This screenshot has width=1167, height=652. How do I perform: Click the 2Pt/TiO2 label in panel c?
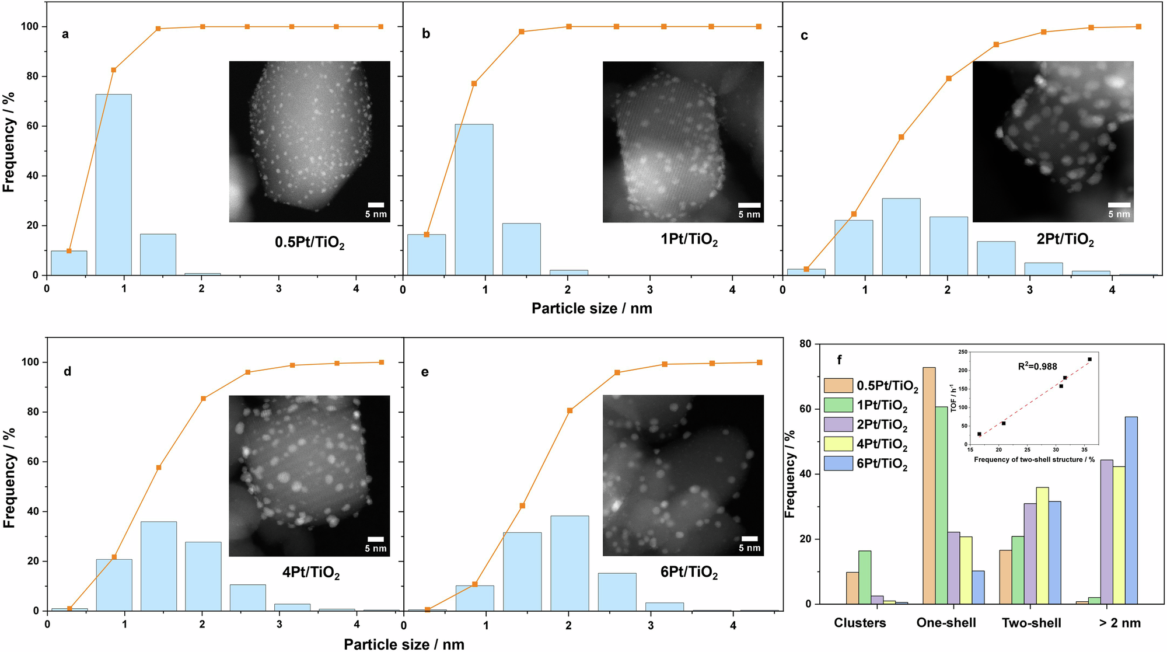point(1065,240)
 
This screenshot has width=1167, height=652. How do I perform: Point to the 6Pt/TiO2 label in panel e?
point(689,572)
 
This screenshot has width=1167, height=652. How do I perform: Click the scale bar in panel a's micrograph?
point(376,205)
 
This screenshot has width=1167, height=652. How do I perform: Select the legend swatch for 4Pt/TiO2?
point(838,444)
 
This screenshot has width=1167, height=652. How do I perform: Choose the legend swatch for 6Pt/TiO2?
point(838,464)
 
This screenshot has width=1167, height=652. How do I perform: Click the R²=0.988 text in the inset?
point(1037,367)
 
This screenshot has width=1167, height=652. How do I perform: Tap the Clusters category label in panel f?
point(859,623)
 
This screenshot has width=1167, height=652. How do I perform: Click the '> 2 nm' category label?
point(1119,623)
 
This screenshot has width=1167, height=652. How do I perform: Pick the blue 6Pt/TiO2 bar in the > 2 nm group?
point(1131,511)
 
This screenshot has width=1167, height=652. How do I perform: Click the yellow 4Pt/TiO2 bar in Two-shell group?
point(1042,546)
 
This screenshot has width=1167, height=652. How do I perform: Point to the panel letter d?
point(67,371)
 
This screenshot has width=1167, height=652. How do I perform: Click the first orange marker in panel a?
point(69,251)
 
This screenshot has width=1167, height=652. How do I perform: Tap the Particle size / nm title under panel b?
point(591,308)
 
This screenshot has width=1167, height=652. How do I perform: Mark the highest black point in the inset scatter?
point(1089,360)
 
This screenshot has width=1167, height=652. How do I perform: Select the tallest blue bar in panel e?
point(569,563)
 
